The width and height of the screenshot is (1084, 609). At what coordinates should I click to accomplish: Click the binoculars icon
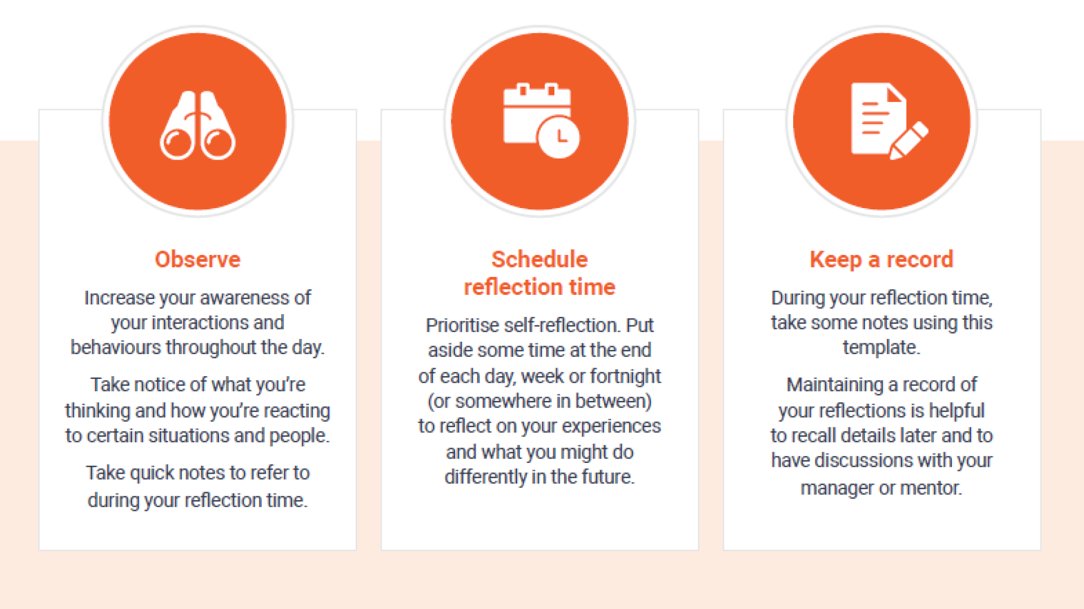pyautogui.click(x=198, y=125)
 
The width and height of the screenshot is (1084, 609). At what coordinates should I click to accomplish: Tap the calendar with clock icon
pyautogui.click(x=540, y=120)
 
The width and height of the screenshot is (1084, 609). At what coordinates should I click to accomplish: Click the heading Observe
pyautogui.click(x=198, y=259)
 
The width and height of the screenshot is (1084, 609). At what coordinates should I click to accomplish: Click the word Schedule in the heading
pyautogui.click(x=539, y=259)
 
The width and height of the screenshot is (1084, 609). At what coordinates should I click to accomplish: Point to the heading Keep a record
pyautogui.click(x=881, y=259)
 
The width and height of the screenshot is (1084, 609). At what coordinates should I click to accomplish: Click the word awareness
pyautogui.click(x=244, y=298)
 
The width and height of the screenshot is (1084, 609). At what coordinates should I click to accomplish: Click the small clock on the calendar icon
pyautogui.click(x=558, y=137)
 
